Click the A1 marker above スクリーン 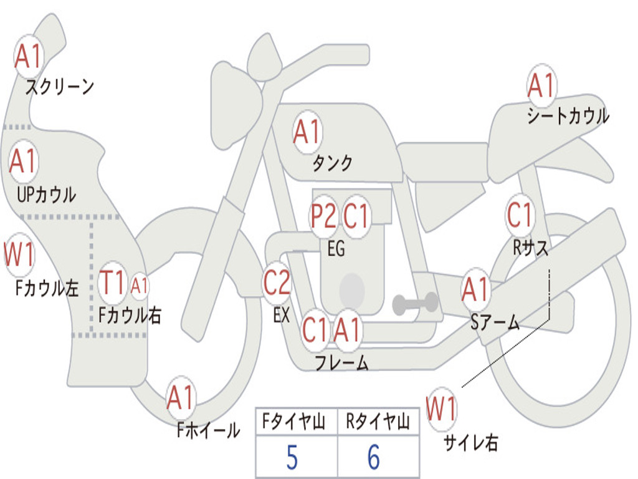click(28, 56)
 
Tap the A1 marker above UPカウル click(24, 161)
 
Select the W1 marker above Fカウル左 click(19, 254)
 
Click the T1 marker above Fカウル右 click(112, 283)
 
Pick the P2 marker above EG click(323, 215)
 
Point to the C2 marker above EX click(277, 283)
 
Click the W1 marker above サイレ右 click(442, 409)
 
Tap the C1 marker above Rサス click(520, 215)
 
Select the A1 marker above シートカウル click(541, 85)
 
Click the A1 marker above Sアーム click(475, 289)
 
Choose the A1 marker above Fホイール click(181, 397)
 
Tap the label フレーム click(342, 362)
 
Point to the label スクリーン click(60, 87)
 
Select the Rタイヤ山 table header click(378, 422)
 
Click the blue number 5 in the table click(292, 457)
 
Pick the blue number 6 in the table click(374, 457)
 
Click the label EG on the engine click(336, 248)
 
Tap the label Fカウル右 click(130, 315)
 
